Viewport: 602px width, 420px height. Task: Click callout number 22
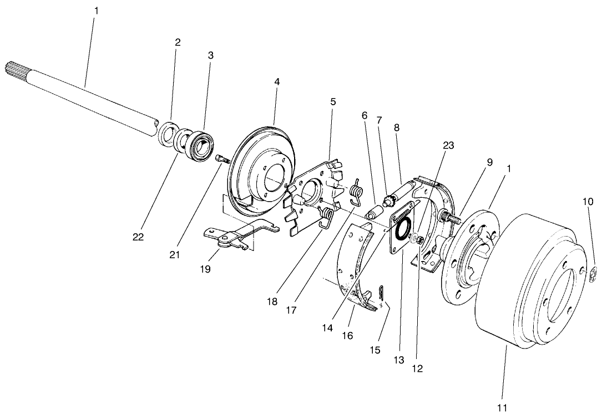click(138, 237)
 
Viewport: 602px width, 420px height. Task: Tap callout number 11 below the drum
click(502, 408)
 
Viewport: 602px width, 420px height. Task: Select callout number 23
click(448, 146)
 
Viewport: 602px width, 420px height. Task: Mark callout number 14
click(327, 327)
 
